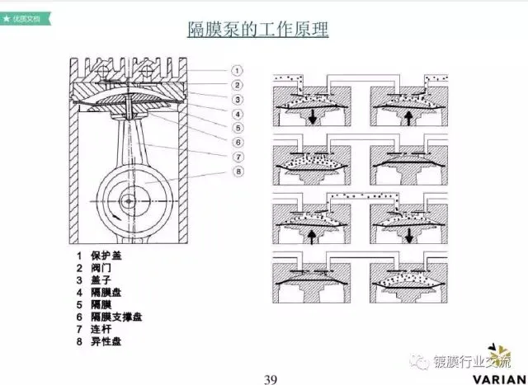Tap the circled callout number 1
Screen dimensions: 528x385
236,70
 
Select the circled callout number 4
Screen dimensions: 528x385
236,114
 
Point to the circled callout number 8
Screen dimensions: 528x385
236,171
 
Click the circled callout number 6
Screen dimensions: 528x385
236,142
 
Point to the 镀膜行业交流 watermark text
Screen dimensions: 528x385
471,361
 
